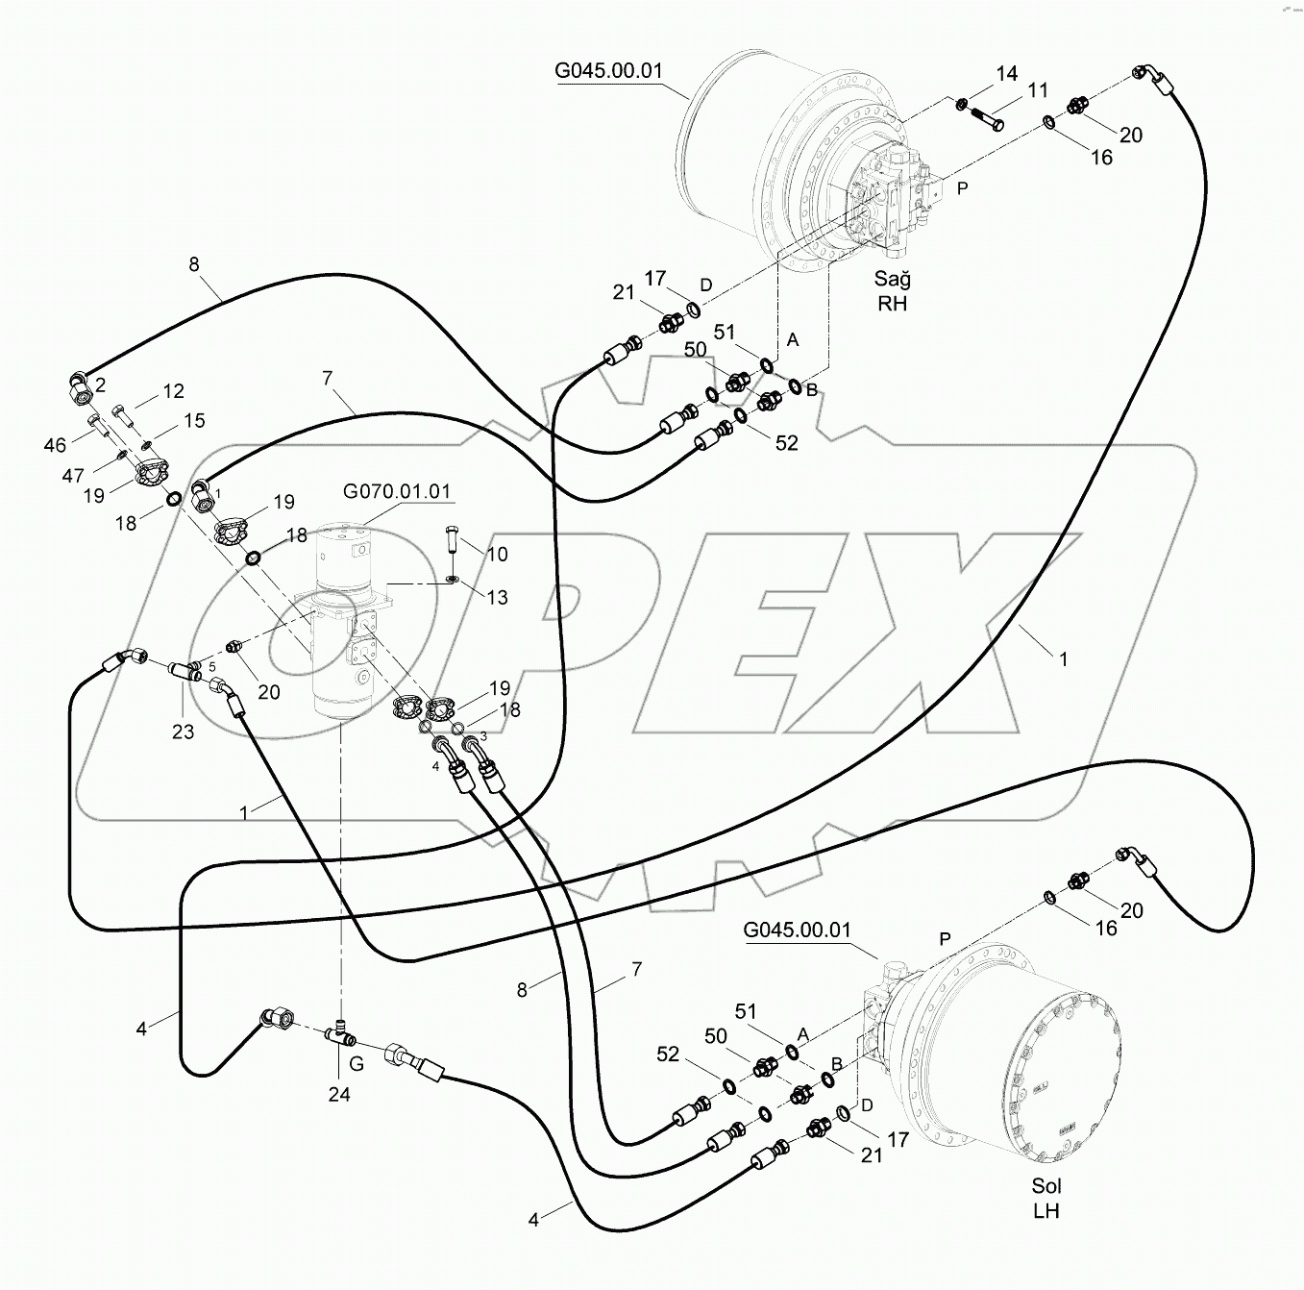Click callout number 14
[x=1006, y=74]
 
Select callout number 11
[x=1037, y=91]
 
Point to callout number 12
[x=173, y=391]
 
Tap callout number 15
[x=194, y=421]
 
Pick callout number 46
[x=56, y=444]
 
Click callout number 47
[x=73, y=475]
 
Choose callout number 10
[x=497, y=555]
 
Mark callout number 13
[x=497, y=598]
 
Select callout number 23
[x=183, y=732]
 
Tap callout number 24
[x=339, y=1094]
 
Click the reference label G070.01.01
[x=397, y=492]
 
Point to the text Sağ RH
[x=892, y=291]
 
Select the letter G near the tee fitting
[x=357, y=1065]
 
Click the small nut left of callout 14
[x=962, y=103]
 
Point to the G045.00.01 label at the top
[x=608, y=71]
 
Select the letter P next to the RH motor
[x=962, y=188]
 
